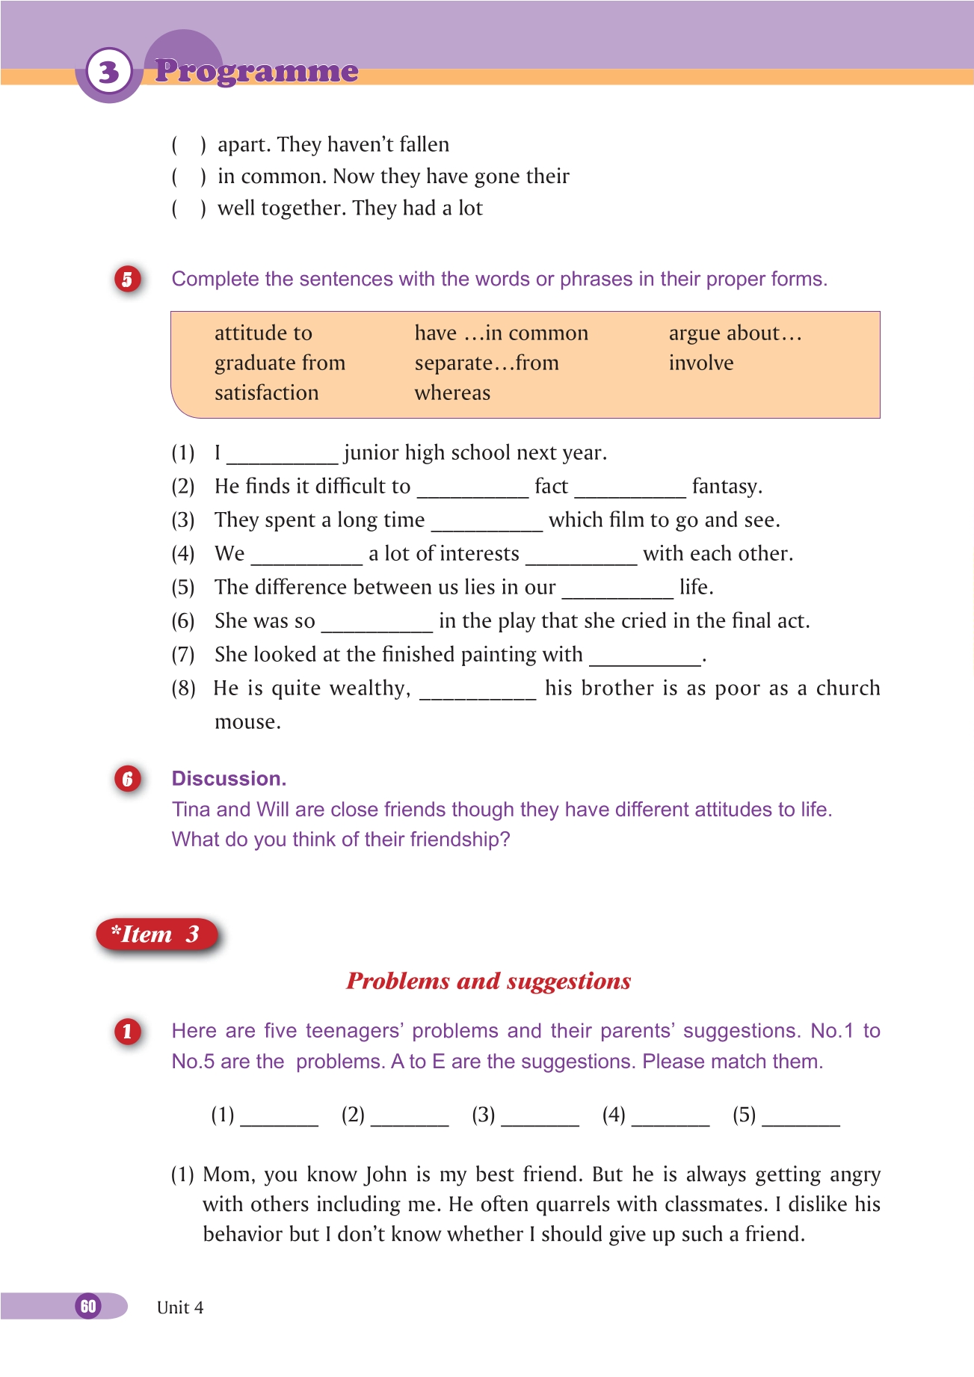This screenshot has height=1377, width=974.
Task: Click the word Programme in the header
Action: tap(256, 71)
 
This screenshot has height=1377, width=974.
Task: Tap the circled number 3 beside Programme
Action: tap(109, 73)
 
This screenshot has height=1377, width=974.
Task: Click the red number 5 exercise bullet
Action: tap(127, 280)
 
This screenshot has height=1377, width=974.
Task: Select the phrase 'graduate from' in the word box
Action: tap(280, 363)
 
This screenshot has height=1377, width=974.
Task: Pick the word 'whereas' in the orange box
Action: tap(452, 393)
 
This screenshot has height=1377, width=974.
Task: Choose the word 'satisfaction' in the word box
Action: tap(266, 393)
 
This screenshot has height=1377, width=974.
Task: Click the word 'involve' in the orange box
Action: tap(701, 363)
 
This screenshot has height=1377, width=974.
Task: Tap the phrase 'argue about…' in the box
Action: tap(735, 333)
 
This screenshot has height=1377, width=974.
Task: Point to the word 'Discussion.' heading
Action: tap(229, 779)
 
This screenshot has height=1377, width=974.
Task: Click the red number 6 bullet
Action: tap(127, 779)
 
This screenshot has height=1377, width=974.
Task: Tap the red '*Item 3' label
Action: tap(156, 934)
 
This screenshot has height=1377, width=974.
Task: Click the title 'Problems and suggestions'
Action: tap(488, 982)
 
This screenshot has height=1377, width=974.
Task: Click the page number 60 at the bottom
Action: tap(88, 1306)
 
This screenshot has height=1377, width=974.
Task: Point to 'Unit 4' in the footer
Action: tap(180, 1307)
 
